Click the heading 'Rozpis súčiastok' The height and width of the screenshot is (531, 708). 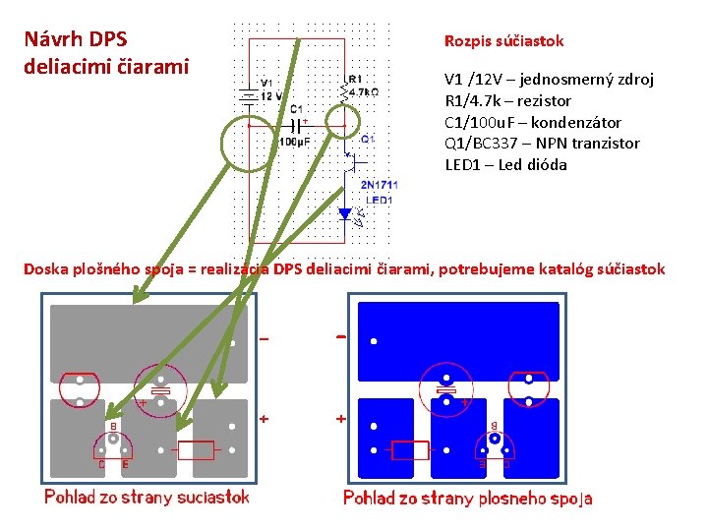point(503,41)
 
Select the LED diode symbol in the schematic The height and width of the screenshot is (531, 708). point(345,213)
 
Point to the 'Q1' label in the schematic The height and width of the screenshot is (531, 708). point(367,140)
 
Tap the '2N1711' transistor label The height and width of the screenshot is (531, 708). point(379,185)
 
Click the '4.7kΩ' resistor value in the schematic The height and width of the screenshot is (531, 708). point(363,91)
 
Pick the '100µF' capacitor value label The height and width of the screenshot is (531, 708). point(293,142)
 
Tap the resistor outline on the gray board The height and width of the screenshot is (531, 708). point(198,450)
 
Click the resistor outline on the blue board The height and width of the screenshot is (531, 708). point(410,450)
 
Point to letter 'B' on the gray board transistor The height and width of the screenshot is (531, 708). point(114,426)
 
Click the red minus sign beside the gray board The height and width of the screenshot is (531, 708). point(264,339)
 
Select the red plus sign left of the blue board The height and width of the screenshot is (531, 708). point(341,418)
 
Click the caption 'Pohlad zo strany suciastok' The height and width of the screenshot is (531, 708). point(147,497)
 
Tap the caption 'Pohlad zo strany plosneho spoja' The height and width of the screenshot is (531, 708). point(468,498)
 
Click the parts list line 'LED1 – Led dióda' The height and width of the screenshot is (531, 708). point(505,164)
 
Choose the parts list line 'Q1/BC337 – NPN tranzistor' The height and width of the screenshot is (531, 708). point(542,143)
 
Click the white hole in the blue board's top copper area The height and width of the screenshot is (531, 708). point(374,343)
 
